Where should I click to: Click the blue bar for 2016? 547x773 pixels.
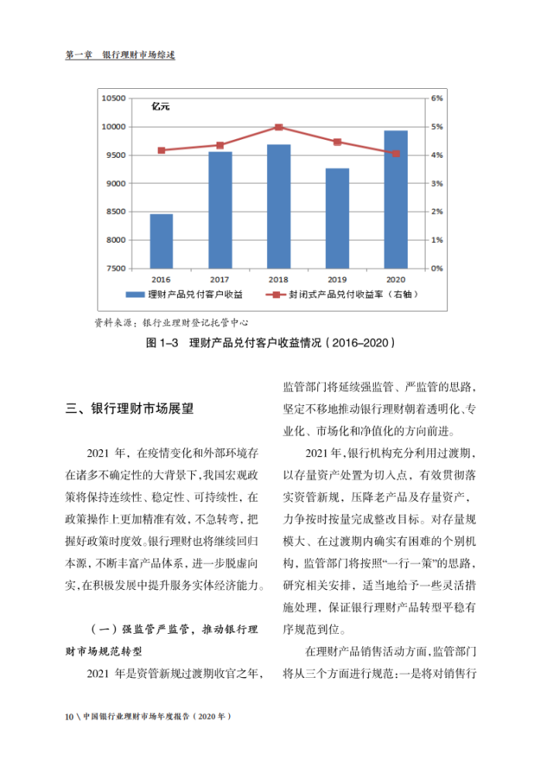(161, 240)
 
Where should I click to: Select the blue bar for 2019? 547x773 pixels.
(337, 218)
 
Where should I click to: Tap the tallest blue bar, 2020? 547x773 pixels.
(395, 199)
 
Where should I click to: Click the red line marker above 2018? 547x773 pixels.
(279, 128)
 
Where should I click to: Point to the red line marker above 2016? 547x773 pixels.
(161, 150)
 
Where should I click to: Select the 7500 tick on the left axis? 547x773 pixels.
(115, 268)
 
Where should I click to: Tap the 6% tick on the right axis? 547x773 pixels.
(436, 99)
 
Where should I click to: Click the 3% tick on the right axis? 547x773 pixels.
(436, 183)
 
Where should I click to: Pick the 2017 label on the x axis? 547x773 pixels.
(220, 278)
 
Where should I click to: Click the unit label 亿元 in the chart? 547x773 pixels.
(160, 107)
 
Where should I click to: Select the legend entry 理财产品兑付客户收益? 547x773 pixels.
(194, 295)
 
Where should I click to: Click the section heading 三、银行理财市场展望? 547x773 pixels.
(129, 410)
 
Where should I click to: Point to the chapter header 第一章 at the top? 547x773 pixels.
(80, 56)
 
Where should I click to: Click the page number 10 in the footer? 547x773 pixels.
(69, 717)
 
